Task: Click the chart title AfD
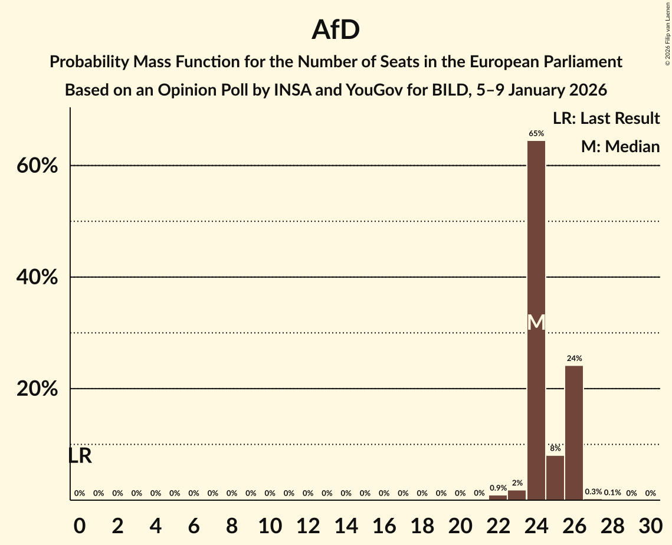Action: click(x=336, y=29)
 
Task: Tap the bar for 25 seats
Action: click(x=555, y=477)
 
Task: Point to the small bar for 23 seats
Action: click(x=517, y=495)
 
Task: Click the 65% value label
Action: click(x=536, y=134)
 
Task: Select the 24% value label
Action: click(x=574, y=359)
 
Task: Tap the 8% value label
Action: click(x=555, y=448)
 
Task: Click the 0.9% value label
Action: click(x=498, y=488)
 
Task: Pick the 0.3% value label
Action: click(x=593, y=492)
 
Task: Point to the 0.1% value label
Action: click(x=612, y=493)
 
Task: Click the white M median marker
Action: click(x=536, y=322)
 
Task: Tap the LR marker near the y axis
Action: click(x=80, y=456)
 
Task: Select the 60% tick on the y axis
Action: click(x=37, y=166)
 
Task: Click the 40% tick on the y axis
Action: click(x=37, y=277)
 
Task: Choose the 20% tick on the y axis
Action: click(x=37, y=389)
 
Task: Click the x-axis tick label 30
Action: click(x=650, y=524)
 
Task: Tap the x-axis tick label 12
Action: click(x=307, y=524)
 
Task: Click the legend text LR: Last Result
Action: click(x=606, y=119)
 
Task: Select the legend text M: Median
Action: click(x=620, y=147)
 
